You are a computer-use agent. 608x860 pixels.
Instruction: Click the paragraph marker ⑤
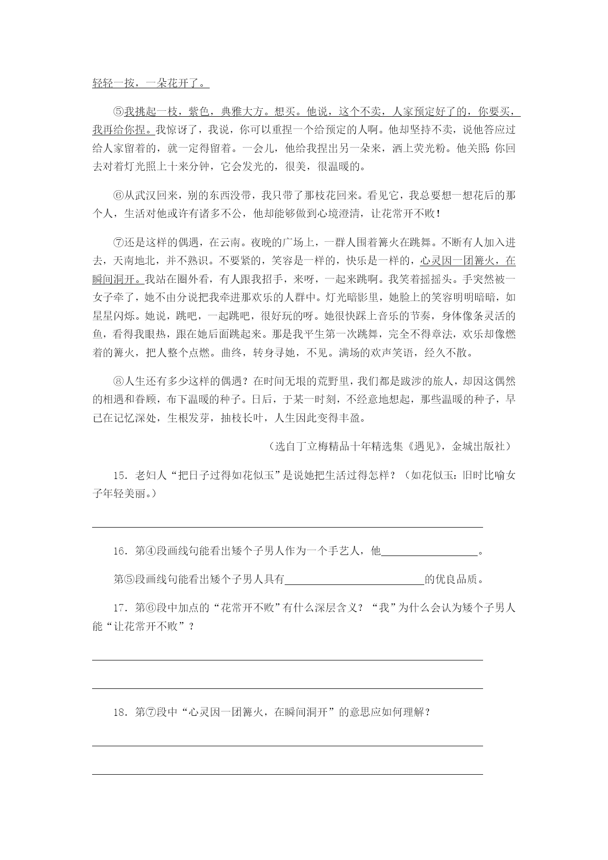(119, 112)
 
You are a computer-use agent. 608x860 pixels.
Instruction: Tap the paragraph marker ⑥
(119, 196)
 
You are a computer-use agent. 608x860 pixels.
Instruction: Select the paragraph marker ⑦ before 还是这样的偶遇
(119, 242)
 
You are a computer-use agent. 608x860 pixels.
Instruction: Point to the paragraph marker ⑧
(119, 381)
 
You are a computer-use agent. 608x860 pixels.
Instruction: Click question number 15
(121, 476)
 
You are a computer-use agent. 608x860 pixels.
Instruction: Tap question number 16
(121, 551)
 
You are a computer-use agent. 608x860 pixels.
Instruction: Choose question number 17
(121, 608)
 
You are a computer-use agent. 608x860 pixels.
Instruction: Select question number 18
(121, 712)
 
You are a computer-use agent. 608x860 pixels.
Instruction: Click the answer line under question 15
(288, 527)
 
